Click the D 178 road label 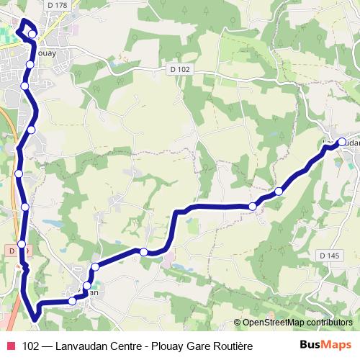tap(55, 5)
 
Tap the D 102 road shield tap(181, 69)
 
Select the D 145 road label tap(328, 256)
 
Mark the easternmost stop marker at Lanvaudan tap(341, 142)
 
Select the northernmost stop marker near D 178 tap(32, 34)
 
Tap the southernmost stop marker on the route tap(73, 301)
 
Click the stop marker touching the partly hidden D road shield tap(22, 245)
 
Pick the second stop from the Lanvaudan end tap(279, 191)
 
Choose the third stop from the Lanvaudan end tap(253, 207)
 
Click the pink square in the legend tap(10, 346)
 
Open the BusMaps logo tap(325, 346)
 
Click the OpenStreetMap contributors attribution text tap(297, 323)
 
